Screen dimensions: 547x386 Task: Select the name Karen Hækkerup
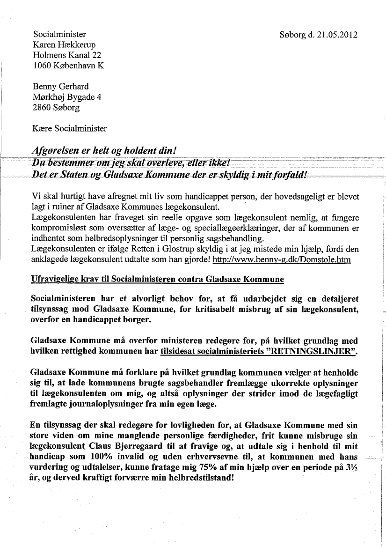pos(65,44)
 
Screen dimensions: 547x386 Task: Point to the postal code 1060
pos(42,66)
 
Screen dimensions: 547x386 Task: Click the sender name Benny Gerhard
pos(61,87)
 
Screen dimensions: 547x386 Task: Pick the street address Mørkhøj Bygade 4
pos(67,97)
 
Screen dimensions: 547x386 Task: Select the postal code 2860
pos(42,108)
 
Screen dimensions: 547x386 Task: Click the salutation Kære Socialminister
pos(70,128)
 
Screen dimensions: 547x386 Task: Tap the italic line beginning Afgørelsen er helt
pos(104,151)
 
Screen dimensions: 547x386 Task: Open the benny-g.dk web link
pos(281,259)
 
